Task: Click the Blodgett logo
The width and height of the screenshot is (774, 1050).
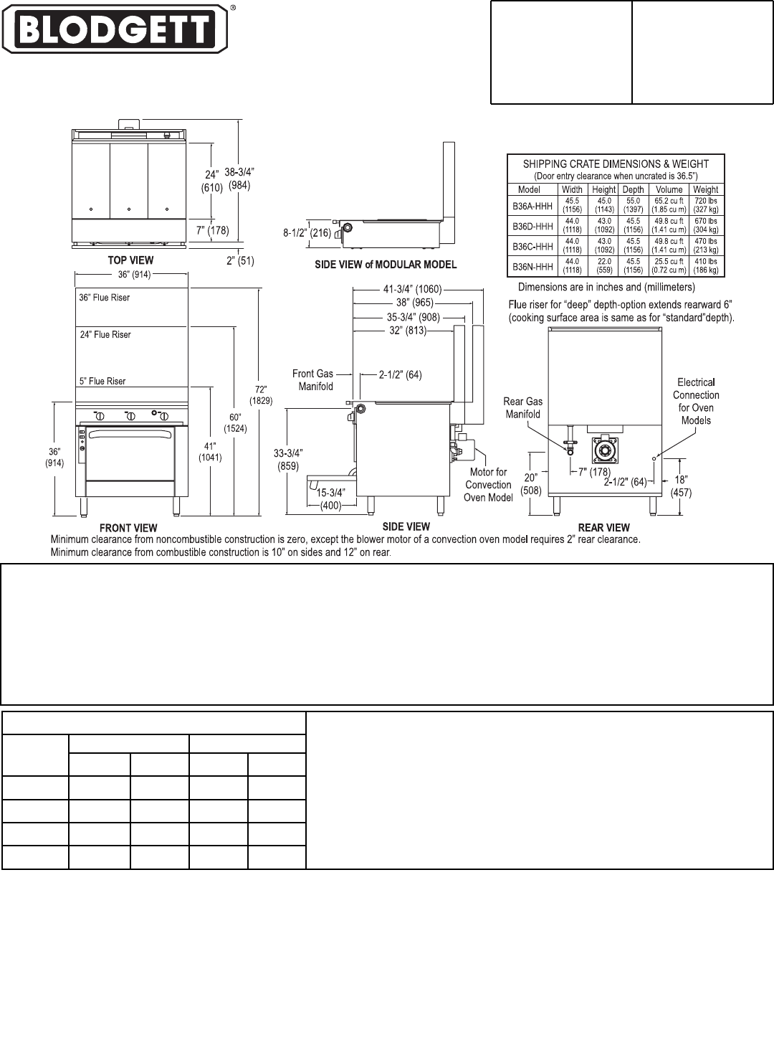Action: point(115,29)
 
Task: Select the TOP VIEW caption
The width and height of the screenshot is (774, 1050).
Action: point(130,260)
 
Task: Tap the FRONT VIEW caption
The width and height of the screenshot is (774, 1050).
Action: point(129,529)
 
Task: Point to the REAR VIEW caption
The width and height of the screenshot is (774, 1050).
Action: point(604,528)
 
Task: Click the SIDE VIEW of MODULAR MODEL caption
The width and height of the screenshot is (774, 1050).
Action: point(386,265)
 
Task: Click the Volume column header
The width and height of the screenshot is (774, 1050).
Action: point(669,190)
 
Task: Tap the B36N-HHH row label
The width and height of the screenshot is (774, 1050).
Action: point(532,266)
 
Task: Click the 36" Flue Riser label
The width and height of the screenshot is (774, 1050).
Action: point(105,298)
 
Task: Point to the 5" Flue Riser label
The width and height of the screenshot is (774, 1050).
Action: point(102,382)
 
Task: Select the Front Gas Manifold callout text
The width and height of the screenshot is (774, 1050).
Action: point(313,380)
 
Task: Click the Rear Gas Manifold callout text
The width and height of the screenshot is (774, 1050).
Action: point(522,407)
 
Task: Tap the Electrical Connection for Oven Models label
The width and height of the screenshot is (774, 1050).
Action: point(696,401)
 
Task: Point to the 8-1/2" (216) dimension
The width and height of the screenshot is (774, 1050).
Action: point(307,232)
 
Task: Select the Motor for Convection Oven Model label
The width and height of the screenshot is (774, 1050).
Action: point(488,485)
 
